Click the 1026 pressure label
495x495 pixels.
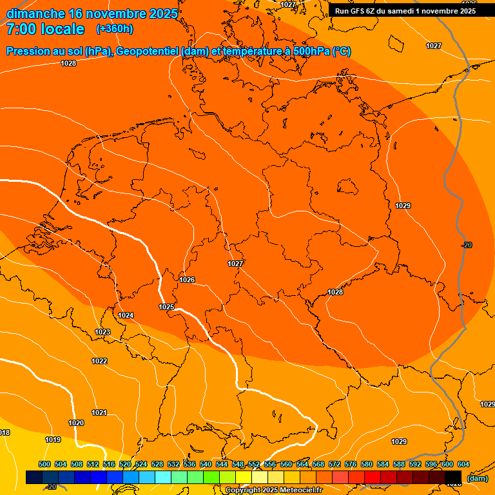pyautogui.click(x=187, y=280)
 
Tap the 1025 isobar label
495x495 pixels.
pyautogui.click(x=166, y=307)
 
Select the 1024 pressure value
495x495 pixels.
pyautogui.click(x=126, y=315)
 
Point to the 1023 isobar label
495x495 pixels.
pyautogui.click(x=102, y=332)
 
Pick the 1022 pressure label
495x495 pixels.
pyautogui.click(x=99, y=361)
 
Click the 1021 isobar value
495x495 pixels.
pyautogui.click(x=99, y=412)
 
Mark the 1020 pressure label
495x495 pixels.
pyautogui.click(x=76, y=423)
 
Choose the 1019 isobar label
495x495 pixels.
pyautogui.click(x=53, y=440)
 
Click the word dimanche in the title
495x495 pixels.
pyautogui.click(x=35, y=14)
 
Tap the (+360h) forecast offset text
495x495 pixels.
pyautogui.click(x=115, y=28)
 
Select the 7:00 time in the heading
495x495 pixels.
pyautogui.click(x=25, y=29)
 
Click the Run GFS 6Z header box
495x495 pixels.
pyautogui.click(x=405, y=10)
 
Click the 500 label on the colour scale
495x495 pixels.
pyautogui.click(x=44, y=464)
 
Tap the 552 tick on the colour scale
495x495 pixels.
pyautogui.click(x=254, y=464)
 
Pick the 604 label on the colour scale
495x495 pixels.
pyautogui.click(x=463, y=464)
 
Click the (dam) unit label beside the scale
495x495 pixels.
pyautogui.click(x=478, y=478)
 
